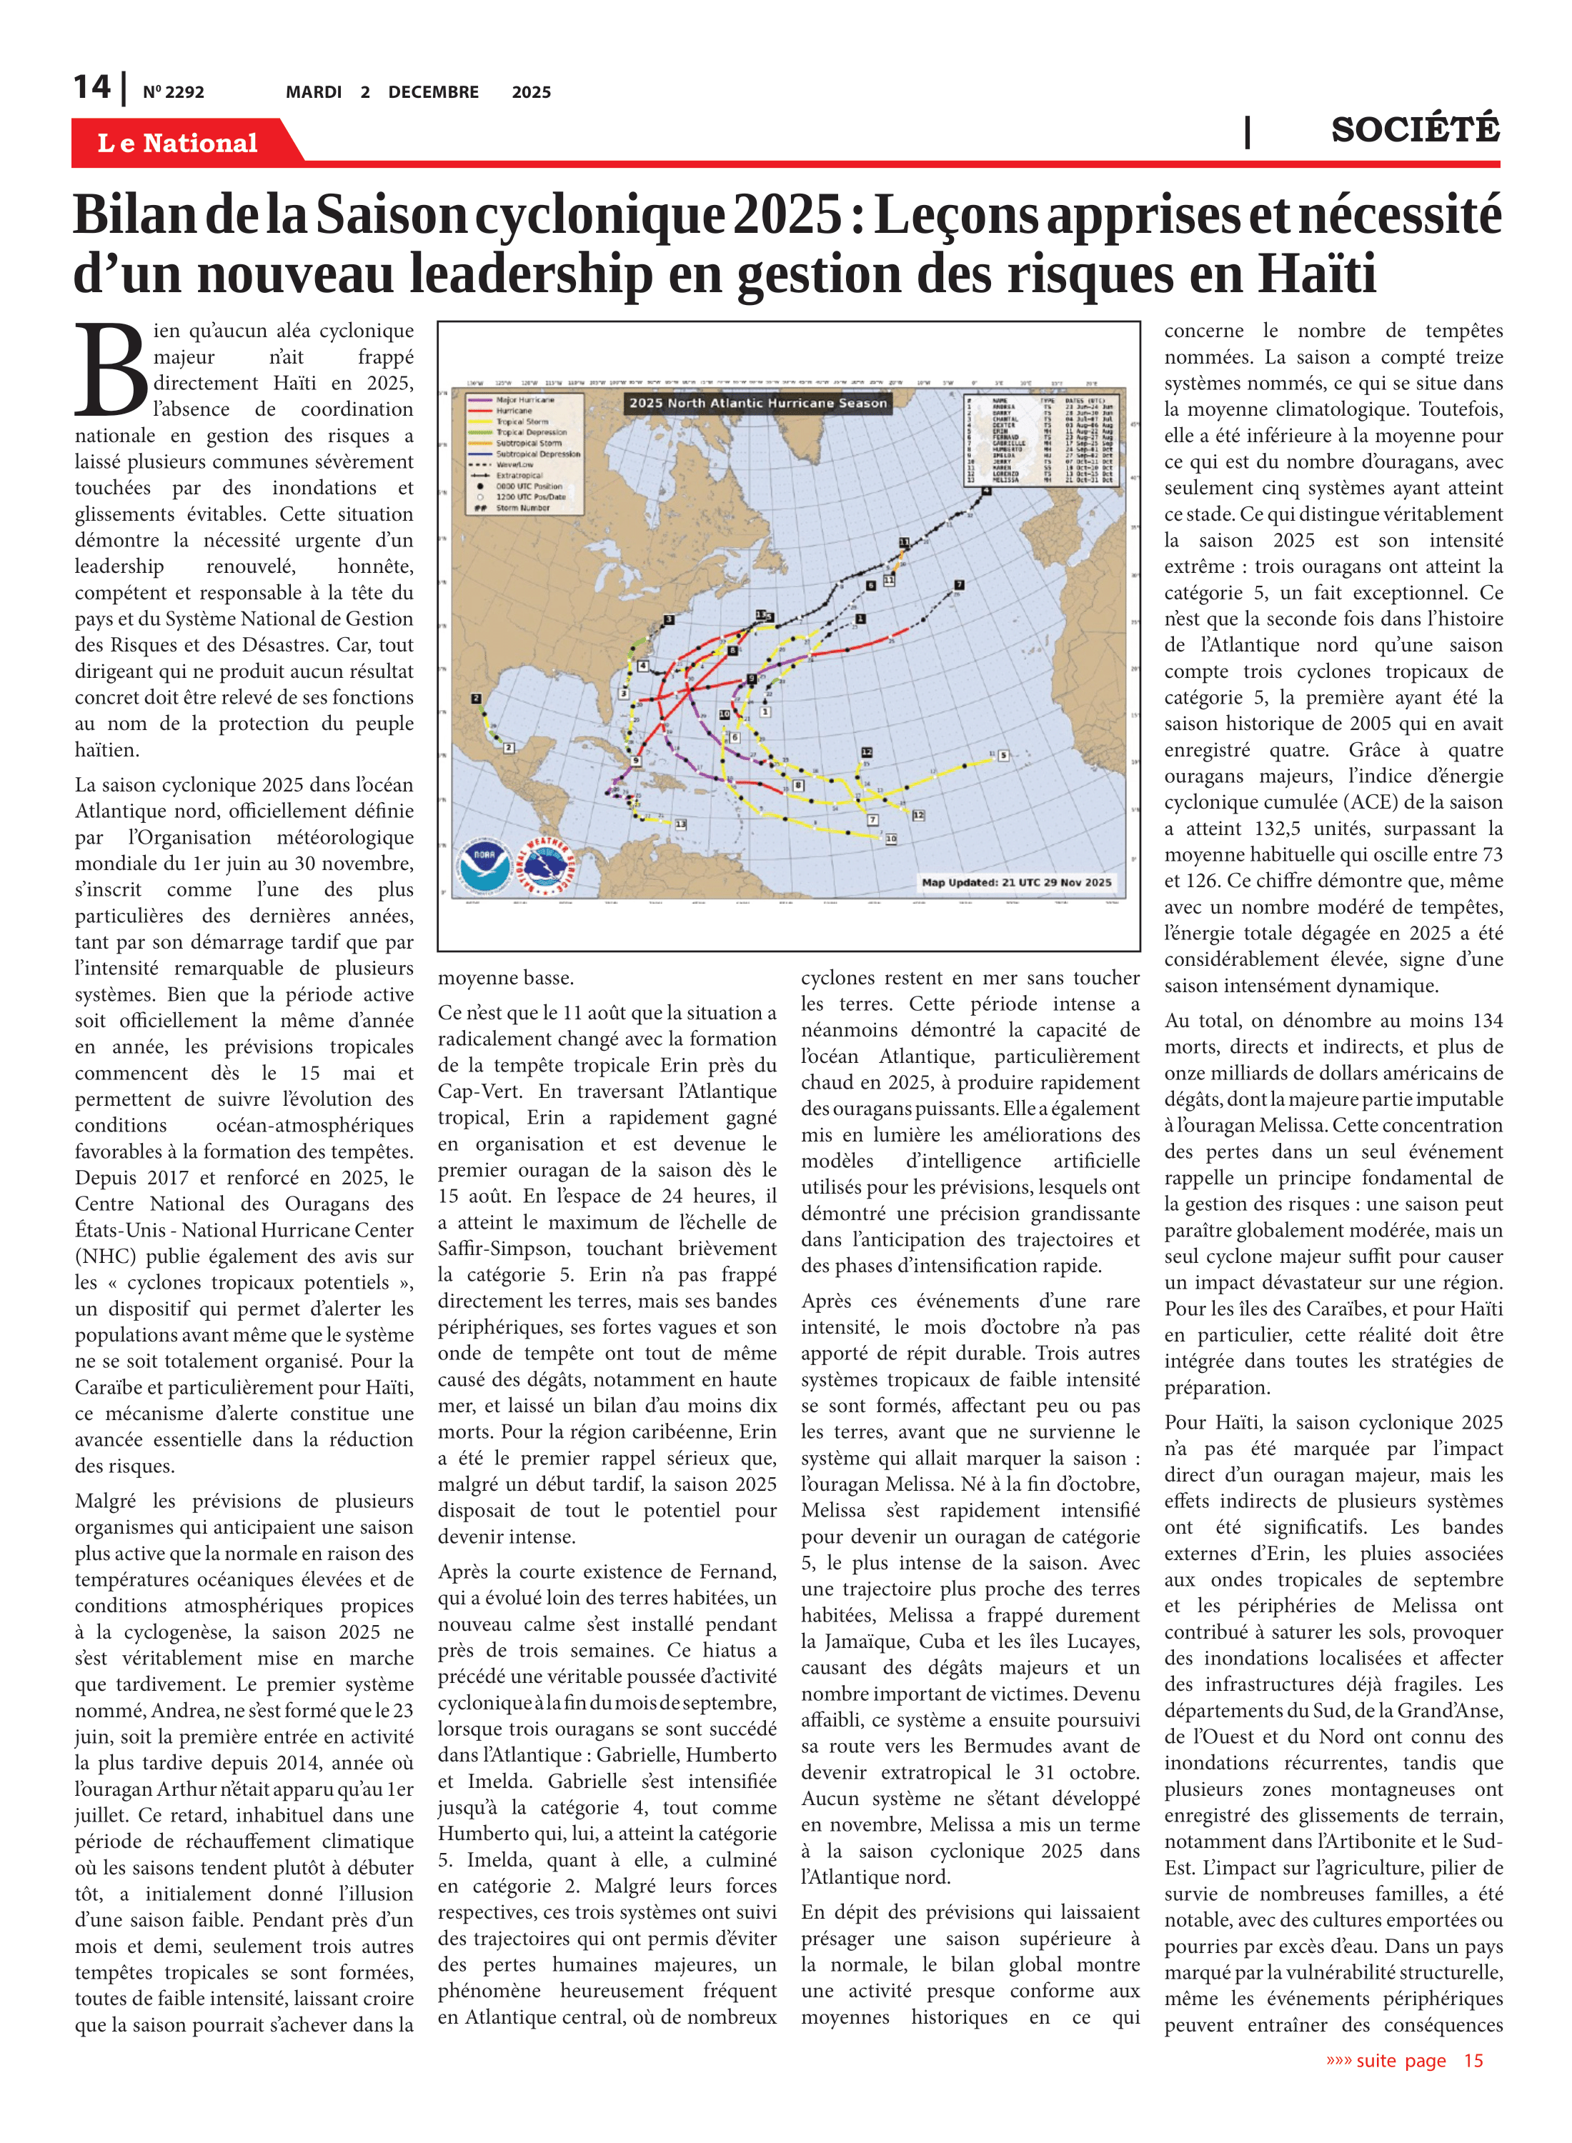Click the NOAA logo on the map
coord(484,864)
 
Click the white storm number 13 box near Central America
coord(680,824)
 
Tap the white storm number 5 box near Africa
coord(1003,755)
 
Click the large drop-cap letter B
coord(111,371)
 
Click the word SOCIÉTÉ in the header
coord(1415,129)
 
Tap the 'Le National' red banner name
coord(177,143)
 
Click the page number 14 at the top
coord(92,88)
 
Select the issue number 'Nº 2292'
coord(173,92)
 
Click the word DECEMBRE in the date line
coord(433,92)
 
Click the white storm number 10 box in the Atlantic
coord(890,839)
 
